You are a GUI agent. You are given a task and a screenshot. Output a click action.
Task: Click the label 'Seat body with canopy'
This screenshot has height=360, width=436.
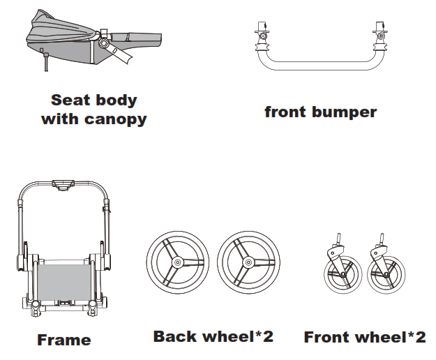[x=93, y=110]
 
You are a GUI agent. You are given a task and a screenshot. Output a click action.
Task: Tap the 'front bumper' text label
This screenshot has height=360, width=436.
[x=320, y=112]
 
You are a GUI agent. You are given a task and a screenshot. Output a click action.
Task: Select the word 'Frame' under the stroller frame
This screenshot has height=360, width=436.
[x=63, y=340]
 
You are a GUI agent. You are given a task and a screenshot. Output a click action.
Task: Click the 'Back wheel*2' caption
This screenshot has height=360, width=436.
[x=213, y=336]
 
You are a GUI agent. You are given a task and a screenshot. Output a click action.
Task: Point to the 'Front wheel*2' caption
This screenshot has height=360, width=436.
[x=364, y=337]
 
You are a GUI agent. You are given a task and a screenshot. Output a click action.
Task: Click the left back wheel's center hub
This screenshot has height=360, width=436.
[x=177, y=263]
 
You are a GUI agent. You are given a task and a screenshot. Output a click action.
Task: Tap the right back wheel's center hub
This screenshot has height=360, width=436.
[x=248, y=263]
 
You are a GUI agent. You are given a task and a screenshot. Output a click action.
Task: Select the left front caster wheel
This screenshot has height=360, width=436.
[x=343, y=275]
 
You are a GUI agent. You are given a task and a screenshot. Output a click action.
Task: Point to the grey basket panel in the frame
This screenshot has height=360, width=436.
[x=63, y=278]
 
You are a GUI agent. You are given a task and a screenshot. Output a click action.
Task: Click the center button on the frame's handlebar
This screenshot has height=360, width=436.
[x=63, y=185]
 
